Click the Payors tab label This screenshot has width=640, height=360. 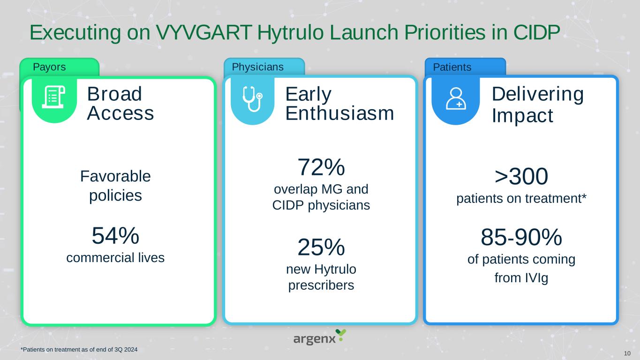point(49,67)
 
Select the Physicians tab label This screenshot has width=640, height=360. point(258,67)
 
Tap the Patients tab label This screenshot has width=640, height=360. point(452,67)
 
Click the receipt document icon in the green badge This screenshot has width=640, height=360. point(54,97)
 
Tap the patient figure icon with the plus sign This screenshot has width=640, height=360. point(456,98)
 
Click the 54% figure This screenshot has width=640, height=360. point(115,236)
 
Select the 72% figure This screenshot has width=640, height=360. point(321,167)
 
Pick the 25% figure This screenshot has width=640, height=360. point(321,247)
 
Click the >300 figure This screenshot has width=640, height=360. point(521,176)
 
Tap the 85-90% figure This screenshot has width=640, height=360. point(521,237)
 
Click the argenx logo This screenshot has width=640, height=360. point(320,337)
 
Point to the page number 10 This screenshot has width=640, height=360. point(627,353)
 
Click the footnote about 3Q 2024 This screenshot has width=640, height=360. point(79,349)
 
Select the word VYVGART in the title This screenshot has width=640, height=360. point(203,32)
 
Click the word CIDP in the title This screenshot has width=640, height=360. point(536,32)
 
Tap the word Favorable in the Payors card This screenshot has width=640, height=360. point(115,176)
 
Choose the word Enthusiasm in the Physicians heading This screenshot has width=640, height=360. point(340,113)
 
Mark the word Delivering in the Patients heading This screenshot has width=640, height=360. point(538,94)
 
